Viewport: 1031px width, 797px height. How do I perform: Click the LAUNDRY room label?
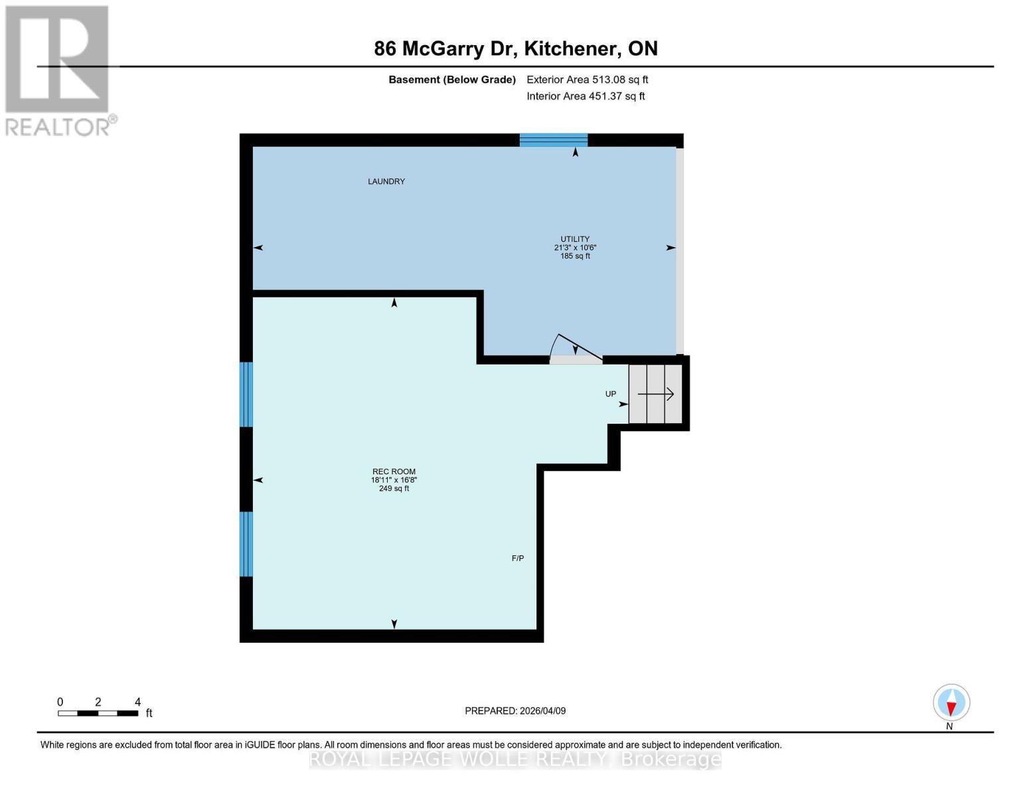[386, 181]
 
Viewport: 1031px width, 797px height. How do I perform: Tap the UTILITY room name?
[574, 239]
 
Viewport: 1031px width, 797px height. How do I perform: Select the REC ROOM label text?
[394, 472]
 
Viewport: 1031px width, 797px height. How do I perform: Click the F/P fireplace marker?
[518, 559]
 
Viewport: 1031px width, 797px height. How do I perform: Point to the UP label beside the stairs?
[611, 394]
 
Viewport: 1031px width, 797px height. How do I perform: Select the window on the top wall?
[553, 139]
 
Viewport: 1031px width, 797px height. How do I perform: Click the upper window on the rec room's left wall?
[246, 395]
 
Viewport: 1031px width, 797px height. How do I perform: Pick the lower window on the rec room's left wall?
[246, 544]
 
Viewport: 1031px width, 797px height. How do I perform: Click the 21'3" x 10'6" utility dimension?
[575, 248]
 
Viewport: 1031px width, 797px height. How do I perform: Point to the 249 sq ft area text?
[394, 489]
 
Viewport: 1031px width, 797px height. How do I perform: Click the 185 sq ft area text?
[575, 256]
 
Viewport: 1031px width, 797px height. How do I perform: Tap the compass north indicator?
[951, 703]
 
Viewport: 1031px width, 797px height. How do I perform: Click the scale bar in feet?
[98, 713]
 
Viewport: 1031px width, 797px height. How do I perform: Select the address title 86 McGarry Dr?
[516, 48]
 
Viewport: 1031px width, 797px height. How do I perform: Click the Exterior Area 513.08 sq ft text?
[587, 80]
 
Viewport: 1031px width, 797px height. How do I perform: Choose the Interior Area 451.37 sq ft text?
[586, 96]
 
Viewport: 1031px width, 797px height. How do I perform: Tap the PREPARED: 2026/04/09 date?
[515, 711]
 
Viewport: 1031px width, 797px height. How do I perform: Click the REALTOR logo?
[58, 70]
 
